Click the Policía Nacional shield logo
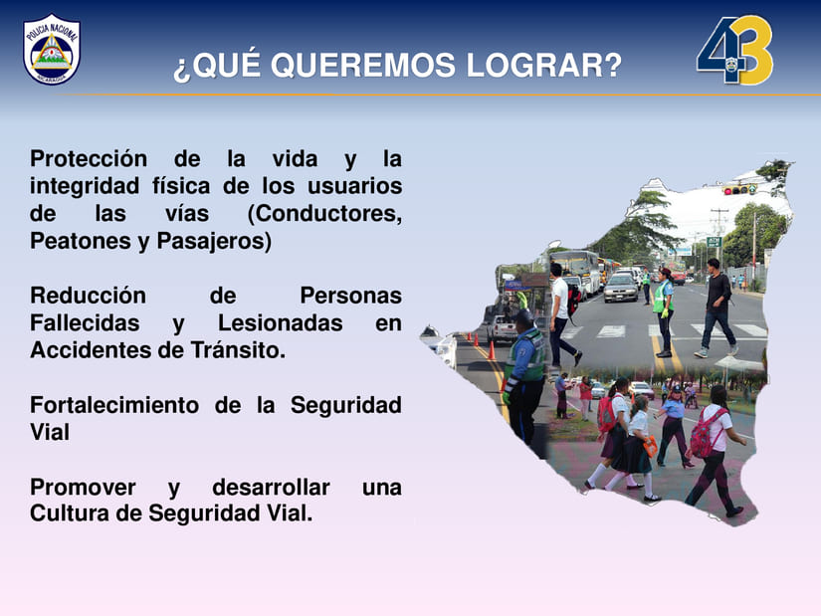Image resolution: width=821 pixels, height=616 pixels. click(x=52, y=49)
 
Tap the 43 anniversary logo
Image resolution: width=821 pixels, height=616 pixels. click(x=734, y=50)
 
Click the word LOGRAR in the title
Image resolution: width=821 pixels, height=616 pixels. click(x=543, y=66)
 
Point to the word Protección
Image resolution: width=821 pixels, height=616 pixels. click(x=89, y=158)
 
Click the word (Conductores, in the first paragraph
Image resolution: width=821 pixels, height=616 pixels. click(x=324, y=214)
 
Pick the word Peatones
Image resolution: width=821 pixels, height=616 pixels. click(x=80, y=241)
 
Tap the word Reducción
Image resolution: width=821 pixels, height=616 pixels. click(x=88, y=296)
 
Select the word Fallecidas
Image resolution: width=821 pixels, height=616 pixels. click(x=85, y=323)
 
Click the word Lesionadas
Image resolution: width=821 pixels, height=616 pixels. click(x=280, y=323)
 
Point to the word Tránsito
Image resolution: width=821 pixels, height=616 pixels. click(x=238, y=350)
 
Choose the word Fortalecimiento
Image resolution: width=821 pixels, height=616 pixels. click(x=114, y=405)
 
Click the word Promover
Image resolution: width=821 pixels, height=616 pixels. click(x=83, y=488)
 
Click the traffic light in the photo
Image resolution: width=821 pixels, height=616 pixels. click(x=739, y=189)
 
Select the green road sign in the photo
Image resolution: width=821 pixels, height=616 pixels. click(x=715, y=242)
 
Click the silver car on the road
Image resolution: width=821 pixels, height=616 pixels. click(x=621, y=287)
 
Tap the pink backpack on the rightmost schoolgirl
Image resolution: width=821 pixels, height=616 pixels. click(x=706, y=433)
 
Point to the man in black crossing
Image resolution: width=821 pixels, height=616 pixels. click(x=717, y=309)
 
